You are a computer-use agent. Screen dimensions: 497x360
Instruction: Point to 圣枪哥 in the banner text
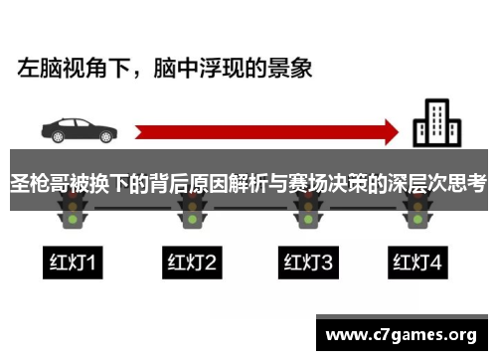point(39,183)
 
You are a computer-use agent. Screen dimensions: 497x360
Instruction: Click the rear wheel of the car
point(56,138)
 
